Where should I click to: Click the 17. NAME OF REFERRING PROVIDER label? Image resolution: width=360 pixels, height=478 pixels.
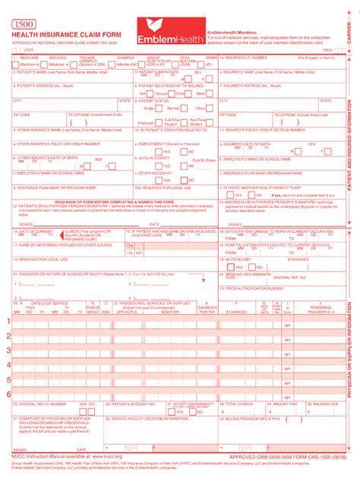tap(57, 245)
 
